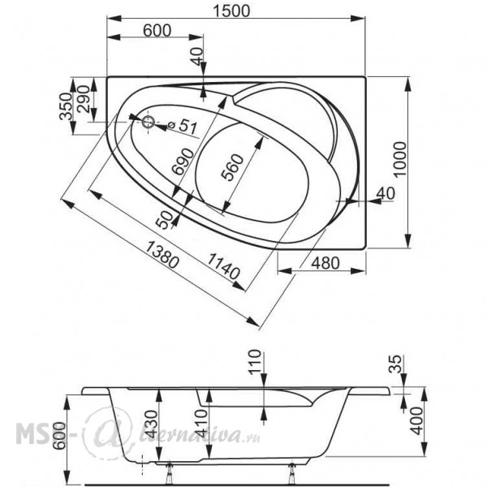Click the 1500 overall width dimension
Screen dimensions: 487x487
coord(231,11)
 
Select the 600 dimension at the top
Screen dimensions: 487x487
coord(157,31)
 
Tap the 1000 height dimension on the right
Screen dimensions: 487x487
coord(399,159)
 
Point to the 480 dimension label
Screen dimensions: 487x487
coord(325,263)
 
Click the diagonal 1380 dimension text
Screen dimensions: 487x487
coord(162,256)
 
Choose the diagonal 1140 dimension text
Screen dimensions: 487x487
coord(224,266)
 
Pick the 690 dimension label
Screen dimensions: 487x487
coord(183,162)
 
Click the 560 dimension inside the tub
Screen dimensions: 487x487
coord(232,167)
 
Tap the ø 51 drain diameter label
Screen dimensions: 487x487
coord(183,126)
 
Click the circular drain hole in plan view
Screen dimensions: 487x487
coord(149,122)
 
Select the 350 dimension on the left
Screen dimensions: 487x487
coord(66,106)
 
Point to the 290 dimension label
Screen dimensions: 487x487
coord(84,99)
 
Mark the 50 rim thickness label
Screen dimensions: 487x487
coord(165,220)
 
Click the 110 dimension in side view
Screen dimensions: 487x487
coord(255,362)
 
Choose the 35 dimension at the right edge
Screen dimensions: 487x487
coord(395,364)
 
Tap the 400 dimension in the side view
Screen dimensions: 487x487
coord(416,420)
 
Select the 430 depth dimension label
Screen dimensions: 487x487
coord(152,424)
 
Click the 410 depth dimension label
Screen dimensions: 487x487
coord(200,422)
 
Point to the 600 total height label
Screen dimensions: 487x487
coord(59,435)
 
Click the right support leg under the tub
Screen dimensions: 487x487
coord(292,474)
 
